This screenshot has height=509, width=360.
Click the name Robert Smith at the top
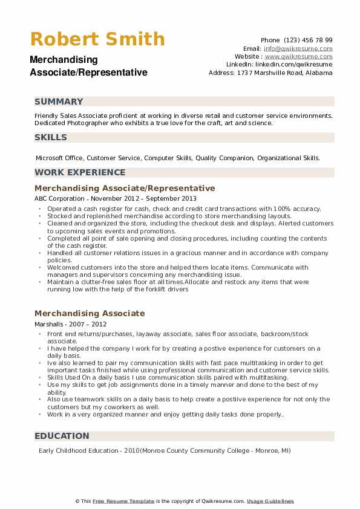pyautogui.click(x=97, y=39)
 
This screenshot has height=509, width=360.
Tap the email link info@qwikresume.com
pyautogui.click(x=298, y=48)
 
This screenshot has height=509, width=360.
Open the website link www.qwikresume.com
pyautogui.click(x=298, y=56)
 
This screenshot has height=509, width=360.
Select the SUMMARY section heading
pyautogui.click(x=59, y=102)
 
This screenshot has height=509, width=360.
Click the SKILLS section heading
pyautogui.click(x=51, y=137)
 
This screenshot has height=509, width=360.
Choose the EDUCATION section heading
pyautogui.click(x=62, y=436)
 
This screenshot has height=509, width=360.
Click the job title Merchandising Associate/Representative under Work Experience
pyautogui.click(x=125, y=188)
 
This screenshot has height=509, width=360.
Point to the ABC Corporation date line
pyautogui.click(x=116, y=198)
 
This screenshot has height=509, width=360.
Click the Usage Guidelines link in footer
pyautogui.click(x=270, y=501)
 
